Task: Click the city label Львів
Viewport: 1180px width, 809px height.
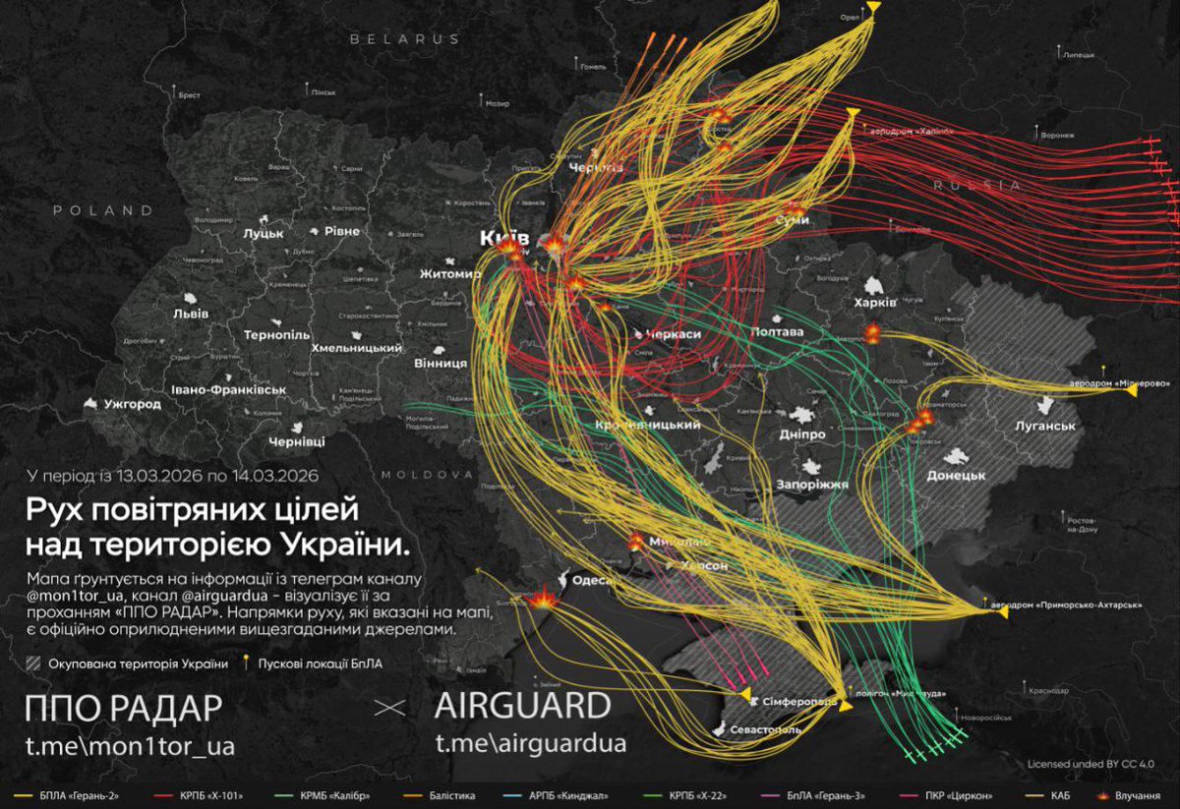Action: [190, 314]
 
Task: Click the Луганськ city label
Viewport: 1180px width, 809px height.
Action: [1046, 426]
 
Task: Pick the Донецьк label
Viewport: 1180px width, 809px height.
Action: [956, 475]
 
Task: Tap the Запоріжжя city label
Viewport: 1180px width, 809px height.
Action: [811, 485]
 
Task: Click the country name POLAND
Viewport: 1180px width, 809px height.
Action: [103, 210]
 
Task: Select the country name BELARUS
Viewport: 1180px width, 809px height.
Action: [404, 38]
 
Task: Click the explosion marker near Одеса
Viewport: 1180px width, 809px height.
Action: [540, 597]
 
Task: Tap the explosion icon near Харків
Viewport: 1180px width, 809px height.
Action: [871, 333]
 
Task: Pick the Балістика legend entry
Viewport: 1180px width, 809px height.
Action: [451, 794]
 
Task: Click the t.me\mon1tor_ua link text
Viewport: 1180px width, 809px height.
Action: [130, 746]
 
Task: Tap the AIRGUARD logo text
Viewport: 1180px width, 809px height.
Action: [522, 706]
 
